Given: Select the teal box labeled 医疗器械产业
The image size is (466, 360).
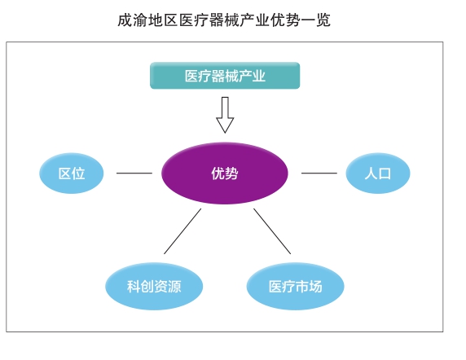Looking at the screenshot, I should tap(225, 76).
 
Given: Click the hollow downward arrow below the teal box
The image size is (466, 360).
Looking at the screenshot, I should tap(225, 115).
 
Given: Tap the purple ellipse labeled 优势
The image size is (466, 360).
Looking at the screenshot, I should tap(225, 173).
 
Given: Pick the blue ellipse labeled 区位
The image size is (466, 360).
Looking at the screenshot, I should tap(72, 173).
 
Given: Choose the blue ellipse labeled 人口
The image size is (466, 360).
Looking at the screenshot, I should tap(377, 173).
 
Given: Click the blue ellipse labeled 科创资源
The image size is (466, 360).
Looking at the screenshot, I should tap(154, 287).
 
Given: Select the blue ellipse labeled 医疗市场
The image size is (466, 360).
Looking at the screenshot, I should tap(295, 287).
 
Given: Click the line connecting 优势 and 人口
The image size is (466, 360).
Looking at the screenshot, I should tap(319, 173).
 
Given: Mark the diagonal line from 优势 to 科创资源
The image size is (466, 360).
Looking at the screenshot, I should tap(182, 231).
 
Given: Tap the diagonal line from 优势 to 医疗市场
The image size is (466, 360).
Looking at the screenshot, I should tap(272, 231).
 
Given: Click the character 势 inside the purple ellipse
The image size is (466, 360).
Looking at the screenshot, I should tap(232, 173).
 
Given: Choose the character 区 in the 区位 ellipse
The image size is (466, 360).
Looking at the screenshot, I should tap(64, 173).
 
